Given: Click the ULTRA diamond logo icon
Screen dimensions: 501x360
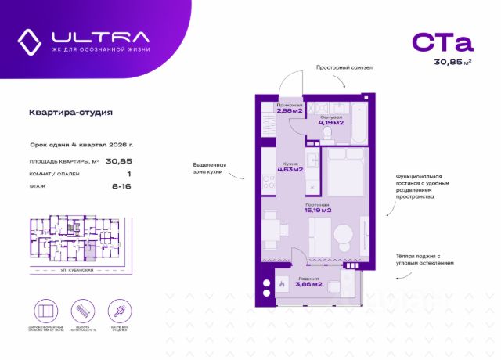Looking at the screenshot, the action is tap(30, 39).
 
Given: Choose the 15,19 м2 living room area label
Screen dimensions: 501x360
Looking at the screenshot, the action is tap(319, 209).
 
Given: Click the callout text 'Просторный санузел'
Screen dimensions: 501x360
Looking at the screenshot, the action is tap(344, 68).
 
